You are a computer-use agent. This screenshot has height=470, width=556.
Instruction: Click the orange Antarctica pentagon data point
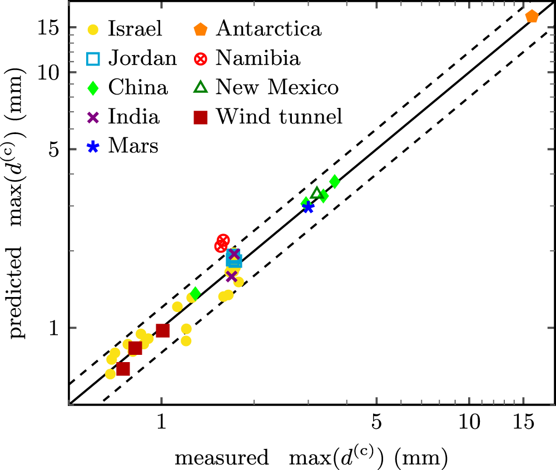coord(532,17)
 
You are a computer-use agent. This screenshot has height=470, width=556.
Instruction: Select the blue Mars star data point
coord(308,207)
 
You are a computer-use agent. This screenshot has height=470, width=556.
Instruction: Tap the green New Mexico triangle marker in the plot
coord(317,194)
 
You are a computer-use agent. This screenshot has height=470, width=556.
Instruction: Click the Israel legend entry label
coord(135,28)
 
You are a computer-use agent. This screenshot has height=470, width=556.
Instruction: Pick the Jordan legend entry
coord(142,58)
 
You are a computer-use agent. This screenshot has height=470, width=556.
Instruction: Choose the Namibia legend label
coord(259,57)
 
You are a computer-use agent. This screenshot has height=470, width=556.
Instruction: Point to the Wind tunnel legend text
coord(280,117)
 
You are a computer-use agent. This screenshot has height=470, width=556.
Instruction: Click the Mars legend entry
coord(133,146)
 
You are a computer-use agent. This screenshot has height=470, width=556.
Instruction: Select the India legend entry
coord(134,117)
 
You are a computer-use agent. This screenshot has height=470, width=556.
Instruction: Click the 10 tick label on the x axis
coord(469,423)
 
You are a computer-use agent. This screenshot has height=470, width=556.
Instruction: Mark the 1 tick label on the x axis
coord(161,423)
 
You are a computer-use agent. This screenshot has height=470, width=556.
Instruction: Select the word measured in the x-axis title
coord(221,458)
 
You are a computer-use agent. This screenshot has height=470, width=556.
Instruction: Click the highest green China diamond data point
coord(334,181)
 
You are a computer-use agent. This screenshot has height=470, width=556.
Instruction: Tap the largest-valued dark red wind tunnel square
coord(162,330)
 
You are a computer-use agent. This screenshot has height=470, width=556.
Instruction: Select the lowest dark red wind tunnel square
coord(123,368)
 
